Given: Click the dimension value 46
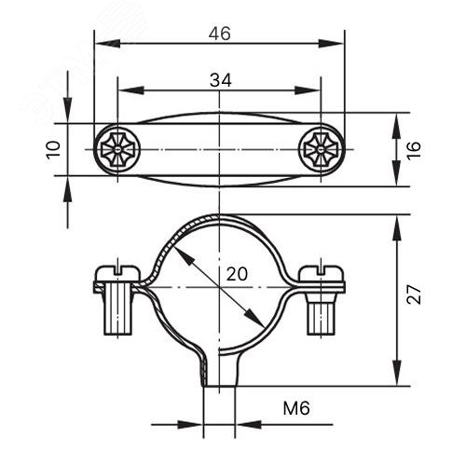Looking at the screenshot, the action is (220, 34).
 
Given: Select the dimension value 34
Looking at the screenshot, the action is (221, 80).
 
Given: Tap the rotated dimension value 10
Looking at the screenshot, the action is (53, 150).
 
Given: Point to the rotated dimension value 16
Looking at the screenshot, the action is (414, 151).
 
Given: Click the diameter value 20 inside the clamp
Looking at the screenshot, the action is (237, 274).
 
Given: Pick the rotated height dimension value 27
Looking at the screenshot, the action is (414, 294).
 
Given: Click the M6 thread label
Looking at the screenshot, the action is (296, 408).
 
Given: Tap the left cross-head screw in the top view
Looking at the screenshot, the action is (117, 149).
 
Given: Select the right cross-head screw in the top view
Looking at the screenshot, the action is (321, 149).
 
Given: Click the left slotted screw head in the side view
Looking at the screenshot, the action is (117, 273).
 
